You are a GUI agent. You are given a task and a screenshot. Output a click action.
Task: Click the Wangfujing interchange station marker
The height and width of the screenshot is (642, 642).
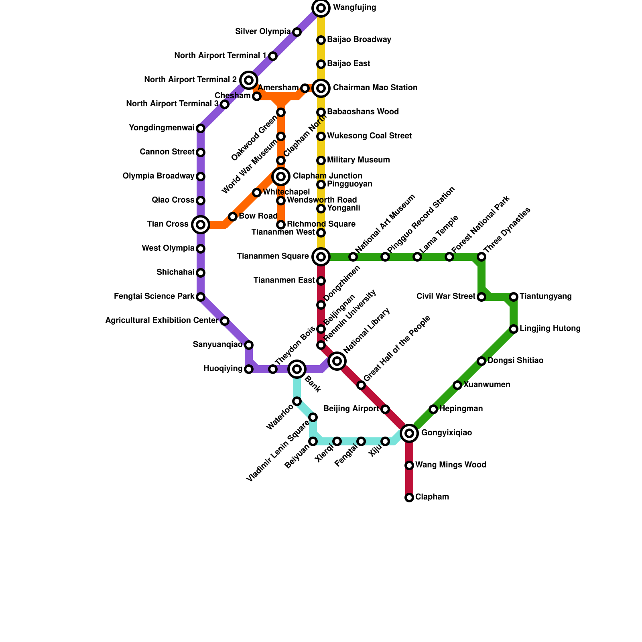coord(321,8)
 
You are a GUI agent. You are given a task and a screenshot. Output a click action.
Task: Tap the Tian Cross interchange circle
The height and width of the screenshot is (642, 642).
coord(201,225)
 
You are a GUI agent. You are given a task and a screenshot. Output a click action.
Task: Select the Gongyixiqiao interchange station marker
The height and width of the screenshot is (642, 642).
coord(409,433)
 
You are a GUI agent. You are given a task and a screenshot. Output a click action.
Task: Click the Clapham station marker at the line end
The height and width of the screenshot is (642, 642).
coord(409,498)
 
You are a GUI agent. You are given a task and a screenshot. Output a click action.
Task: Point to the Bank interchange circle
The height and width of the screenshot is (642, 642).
coord(297,369)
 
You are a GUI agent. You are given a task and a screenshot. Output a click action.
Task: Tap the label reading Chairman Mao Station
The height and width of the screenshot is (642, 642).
coord(375,88)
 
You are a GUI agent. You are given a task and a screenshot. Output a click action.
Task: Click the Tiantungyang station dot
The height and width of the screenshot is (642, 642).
coord(514,297)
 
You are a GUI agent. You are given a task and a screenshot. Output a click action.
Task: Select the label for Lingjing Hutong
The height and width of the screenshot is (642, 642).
coord(550,329)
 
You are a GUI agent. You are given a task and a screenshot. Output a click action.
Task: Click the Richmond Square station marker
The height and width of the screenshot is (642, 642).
coord(281,225)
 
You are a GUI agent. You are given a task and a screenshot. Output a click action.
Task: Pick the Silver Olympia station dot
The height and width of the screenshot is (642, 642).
coord(297,32)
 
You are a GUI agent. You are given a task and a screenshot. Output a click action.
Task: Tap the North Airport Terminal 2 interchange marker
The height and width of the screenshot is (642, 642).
coord(249,80)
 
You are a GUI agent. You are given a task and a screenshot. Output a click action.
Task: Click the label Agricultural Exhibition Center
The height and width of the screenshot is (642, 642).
coord(156,321)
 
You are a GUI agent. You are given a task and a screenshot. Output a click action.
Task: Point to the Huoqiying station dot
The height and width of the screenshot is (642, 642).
coord(249,369)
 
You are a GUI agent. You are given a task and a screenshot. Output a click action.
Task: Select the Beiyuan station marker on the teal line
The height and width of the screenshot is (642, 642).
coord(313,441)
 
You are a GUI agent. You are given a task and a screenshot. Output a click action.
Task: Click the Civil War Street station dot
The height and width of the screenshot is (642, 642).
coord(481,297)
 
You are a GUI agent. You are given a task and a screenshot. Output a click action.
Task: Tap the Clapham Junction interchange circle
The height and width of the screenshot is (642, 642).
coord(281,177)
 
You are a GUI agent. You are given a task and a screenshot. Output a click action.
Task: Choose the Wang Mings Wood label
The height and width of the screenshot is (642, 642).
coord(451,465)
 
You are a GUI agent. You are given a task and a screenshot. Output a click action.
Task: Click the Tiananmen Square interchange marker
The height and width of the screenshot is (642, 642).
coord(321,257)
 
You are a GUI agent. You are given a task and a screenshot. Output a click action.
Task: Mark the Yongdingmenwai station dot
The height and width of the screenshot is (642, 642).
coord(201,128)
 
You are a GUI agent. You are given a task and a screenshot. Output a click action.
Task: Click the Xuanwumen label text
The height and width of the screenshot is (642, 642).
coord(486,385)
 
